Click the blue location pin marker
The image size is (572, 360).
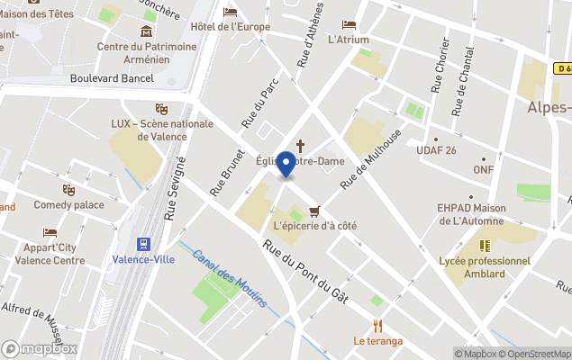[x=286, y=165]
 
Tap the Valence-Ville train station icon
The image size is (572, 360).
[x=142, y=244]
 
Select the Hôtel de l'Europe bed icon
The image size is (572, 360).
[x=231, y=12]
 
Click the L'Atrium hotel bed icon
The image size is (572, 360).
[x=349, y=24]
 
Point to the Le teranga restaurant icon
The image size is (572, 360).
[x=378, y=326]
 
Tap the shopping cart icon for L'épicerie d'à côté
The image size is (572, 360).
[x=313, y=211]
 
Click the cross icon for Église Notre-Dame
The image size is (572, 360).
[x=300, y=145]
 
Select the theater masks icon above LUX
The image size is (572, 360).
[x=162, y=109]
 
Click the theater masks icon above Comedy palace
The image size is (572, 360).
[x=68, y=190]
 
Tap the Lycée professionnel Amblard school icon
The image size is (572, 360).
[x=485, y=245]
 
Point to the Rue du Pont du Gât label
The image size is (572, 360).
[x=306, y=273]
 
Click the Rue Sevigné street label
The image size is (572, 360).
[x=175, y=188]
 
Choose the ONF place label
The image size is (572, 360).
[x=484, y=169]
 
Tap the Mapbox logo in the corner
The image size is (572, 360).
[x=38, y=348]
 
